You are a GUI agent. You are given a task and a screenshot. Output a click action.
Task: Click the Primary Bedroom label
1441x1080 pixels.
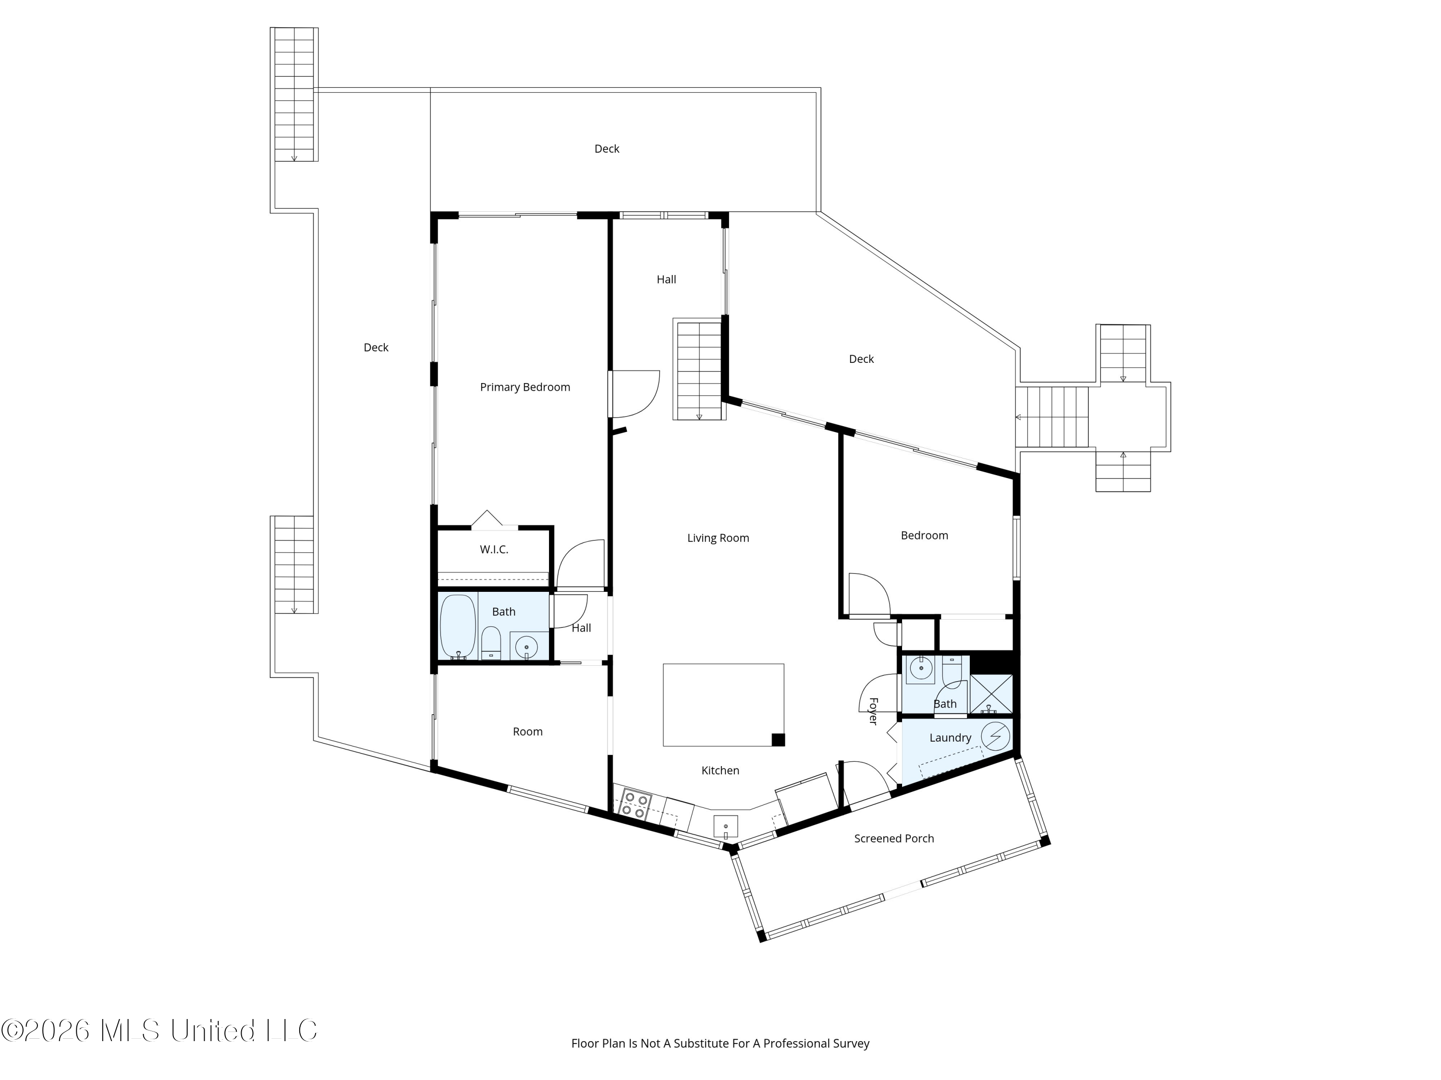pos(525,387)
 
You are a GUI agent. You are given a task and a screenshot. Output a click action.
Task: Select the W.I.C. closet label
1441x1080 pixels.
pos(494,550)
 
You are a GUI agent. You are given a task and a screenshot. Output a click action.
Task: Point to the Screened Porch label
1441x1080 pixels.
pos(894,839)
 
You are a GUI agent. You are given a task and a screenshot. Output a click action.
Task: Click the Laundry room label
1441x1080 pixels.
pos(950,738)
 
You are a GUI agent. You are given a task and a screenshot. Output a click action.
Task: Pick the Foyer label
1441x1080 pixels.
pos(873,711)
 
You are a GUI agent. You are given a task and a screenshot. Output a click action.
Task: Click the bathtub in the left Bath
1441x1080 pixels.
pos(458,626)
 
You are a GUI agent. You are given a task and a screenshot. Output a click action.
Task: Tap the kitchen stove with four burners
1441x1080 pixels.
pos(635,804)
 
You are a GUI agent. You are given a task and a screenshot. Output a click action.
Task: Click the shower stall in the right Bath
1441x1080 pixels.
pos(991,694)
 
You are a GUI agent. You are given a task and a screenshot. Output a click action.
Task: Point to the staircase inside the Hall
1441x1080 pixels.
pos(699,369)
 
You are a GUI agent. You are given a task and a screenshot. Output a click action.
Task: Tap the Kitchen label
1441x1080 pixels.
pos(720,770)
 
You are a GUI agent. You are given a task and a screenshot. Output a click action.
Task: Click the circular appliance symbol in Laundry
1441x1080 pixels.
pos(995,736)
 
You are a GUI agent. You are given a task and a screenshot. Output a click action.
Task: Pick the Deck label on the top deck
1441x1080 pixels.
pos(607,149)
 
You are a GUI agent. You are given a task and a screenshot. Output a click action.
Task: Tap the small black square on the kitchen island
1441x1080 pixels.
pos(778,740)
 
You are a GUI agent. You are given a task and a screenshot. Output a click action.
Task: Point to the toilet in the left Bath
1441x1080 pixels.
pos(490,643)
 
